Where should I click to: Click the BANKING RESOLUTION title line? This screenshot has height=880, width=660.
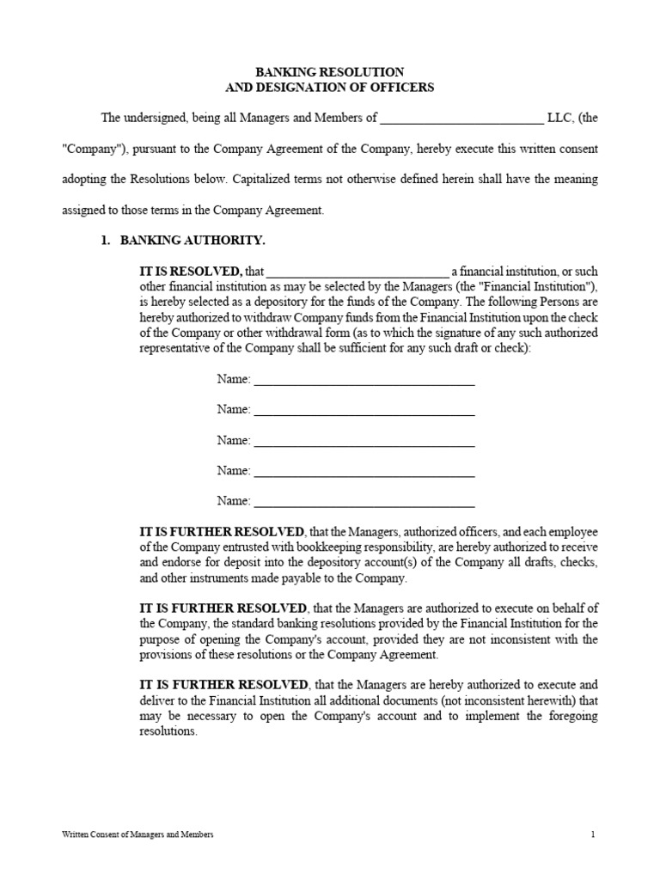pyautogui.click(x=330, y=72)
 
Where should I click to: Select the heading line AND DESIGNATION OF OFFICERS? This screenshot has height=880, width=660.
pyautogui.click(x=330, y=88)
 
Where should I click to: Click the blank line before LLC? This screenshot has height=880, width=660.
pyautogui.click(x=461, y=119)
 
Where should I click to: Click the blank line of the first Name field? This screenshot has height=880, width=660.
pyautogui.click(x=364, y=381)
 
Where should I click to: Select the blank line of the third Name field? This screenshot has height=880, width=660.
pyautogui.click(x=364, y=442)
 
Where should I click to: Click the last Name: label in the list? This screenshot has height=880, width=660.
pyautogui.click(x=233, y=500)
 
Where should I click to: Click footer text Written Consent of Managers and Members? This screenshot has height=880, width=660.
pyautogui.click(x=138, y=834)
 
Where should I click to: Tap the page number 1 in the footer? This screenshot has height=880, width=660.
pyautogui.click(x=593, y=834)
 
